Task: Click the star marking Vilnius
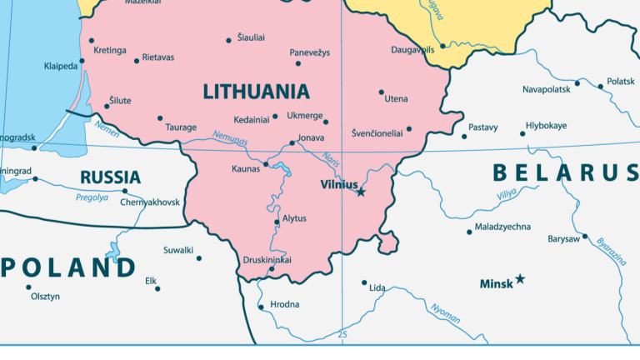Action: point(361,192)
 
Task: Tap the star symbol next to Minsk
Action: point(520,278)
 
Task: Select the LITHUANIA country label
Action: point(256,92)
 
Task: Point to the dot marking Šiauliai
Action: point(229,40)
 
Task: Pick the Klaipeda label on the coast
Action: point(61,66)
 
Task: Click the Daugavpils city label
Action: point(412,50)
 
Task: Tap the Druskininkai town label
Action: point(267,260)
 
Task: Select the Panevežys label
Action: point(310,52)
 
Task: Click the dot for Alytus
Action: point(277,222)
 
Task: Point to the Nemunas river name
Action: point(230,140)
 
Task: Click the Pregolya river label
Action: point(92,197)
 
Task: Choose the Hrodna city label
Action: point(285,305)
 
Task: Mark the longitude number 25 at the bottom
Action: point(342,335)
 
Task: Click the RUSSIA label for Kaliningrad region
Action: point(110,177)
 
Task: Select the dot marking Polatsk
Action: point(600,85)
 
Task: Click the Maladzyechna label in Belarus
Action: point(502,227)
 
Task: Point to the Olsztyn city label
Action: point(45,296)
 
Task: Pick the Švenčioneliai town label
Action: point(382,132)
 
